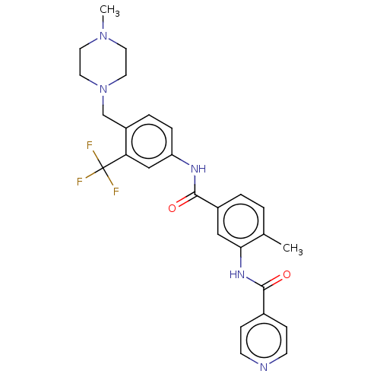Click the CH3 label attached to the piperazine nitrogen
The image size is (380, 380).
click(109, 11)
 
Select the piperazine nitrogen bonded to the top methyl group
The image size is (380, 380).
click(103, 36)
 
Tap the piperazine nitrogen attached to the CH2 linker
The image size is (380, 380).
click(103, 89)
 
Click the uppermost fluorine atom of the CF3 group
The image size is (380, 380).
click(90, 145)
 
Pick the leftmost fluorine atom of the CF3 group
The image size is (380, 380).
click(80, 182)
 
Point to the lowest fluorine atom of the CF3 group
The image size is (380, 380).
click(116, 191)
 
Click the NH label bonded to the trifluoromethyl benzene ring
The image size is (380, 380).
click(198, 169)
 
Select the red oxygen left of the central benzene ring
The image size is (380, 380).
click(173, 208)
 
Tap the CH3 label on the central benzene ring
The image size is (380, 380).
click(293, 249)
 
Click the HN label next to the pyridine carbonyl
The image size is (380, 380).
click(237, 274)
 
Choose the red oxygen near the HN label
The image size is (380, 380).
click(287, 274)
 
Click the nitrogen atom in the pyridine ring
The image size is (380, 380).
click(264, 367)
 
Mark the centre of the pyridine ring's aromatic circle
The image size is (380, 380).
click(264, 340)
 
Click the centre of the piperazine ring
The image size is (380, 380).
click(103, 62)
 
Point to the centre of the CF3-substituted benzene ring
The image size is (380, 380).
click(149, 141)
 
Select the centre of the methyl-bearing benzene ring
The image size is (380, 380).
click(241, 221)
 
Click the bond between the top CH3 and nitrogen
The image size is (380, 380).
click(103, 22)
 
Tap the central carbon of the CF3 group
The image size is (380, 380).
click(103, 168)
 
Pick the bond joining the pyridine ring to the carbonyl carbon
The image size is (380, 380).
click(264, 301)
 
